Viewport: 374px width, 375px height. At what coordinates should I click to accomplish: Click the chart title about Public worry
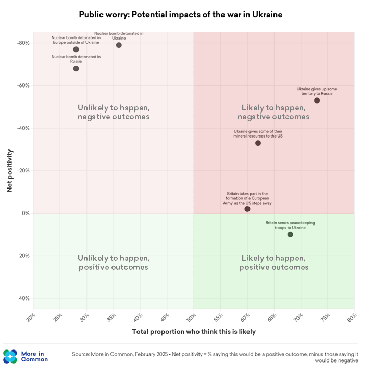(x=181, y=15)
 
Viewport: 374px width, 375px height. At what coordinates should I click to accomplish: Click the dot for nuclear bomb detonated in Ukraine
(x=119, y=45)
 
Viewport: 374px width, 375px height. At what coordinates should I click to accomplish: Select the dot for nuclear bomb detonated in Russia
(x=76, y=69)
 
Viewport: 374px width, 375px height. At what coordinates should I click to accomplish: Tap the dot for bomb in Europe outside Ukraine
(x=76, y=49)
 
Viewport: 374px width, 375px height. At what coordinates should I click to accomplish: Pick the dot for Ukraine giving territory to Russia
(x=317, y=101)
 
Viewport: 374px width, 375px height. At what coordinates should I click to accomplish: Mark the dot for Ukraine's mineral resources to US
(x=258, y=143)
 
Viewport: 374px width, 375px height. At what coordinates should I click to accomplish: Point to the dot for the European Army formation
(x=247, y=209)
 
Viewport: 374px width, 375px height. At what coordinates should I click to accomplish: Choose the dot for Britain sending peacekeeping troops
(x=290, y=235)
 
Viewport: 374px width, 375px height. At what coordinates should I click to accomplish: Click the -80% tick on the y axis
(x=23, y=43)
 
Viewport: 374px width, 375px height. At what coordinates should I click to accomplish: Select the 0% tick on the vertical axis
(x=25, y=214)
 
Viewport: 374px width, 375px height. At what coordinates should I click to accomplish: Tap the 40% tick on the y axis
(x=24, y=298)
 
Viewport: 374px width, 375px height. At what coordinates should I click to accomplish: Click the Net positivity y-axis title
(x=10, y=171)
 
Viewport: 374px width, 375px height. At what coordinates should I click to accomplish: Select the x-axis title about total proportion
(x=194, y=332)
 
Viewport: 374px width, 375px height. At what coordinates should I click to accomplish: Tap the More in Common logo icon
(x=10, y=357)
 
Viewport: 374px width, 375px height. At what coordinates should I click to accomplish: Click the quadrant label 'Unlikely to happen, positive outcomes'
(x=114, y=262)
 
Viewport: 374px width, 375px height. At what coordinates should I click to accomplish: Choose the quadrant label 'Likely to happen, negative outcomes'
(x=274, y=112)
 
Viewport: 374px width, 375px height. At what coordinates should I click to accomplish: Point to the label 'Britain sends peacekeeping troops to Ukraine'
(x=290, y=225)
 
